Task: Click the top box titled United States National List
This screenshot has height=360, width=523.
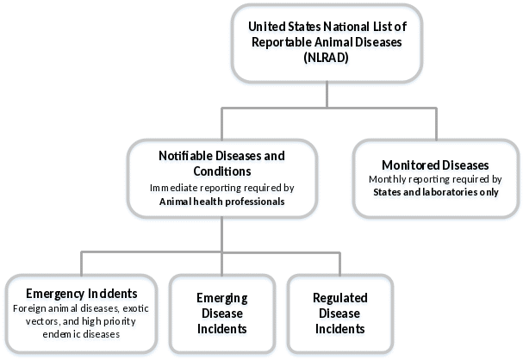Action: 327,43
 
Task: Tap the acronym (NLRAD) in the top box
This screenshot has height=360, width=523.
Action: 327,59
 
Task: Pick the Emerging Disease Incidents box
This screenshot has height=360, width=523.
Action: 222,313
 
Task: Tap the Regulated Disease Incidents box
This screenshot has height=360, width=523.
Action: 339,313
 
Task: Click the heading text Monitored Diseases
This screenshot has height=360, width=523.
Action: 435,165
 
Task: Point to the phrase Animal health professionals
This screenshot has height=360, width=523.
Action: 222,202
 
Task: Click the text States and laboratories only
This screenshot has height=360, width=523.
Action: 435,192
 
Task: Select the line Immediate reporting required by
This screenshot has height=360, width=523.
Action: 222,187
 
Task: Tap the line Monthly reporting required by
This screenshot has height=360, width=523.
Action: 435,179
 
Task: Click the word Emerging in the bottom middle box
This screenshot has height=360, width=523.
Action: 222,299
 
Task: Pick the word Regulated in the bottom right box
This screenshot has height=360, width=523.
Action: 339,299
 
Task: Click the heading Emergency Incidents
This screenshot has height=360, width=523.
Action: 81,295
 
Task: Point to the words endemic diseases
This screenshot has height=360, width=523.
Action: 81,333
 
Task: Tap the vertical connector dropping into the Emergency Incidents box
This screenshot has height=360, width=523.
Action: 81,262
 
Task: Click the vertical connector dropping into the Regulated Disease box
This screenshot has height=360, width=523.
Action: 339,262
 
